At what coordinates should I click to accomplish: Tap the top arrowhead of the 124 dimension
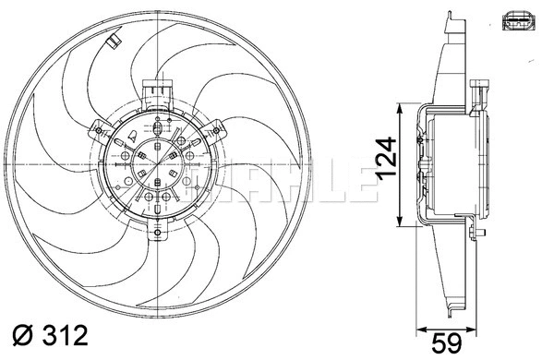point(399,109)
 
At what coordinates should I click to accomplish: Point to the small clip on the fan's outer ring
point(112,42)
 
